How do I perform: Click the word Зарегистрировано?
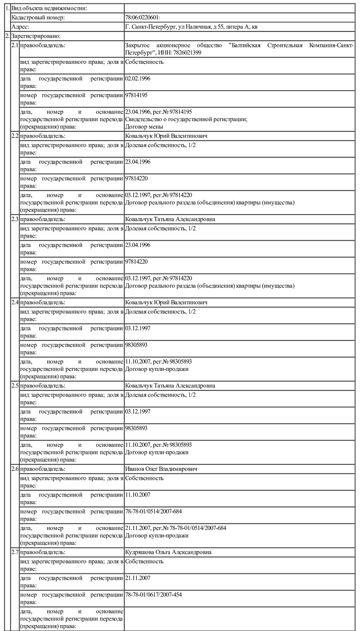[x=36, y=36]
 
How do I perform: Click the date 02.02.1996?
[x=138, y=78]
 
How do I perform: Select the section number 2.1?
[x=15, y=46]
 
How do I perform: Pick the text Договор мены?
[x=144, y=126]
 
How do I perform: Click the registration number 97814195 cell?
[x=136, y=95]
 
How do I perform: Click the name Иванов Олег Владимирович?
[x=161, y=469]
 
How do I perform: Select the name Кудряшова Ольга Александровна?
[x=168, y=552]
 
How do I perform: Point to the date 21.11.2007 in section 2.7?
[x=138, y=578]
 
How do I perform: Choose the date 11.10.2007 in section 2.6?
[x=138, y=495]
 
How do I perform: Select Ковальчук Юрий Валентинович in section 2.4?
[x=166, y=302]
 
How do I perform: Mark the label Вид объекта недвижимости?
[x=49, y=8]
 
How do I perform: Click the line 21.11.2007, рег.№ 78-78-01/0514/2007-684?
[x=176, y=528]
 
